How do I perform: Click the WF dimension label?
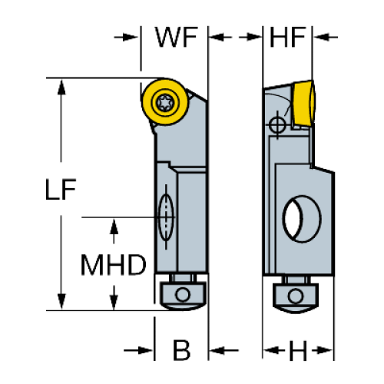coord(177,37)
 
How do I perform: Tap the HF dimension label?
coord(287,37)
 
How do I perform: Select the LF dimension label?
coord(61,189)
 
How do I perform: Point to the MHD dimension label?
coord(114,265)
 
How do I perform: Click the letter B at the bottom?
coord(181,350)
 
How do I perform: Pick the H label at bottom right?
coord(298,350)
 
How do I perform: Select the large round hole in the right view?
coord(302,219)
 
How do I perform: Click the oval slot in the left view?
coord(166,217)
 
